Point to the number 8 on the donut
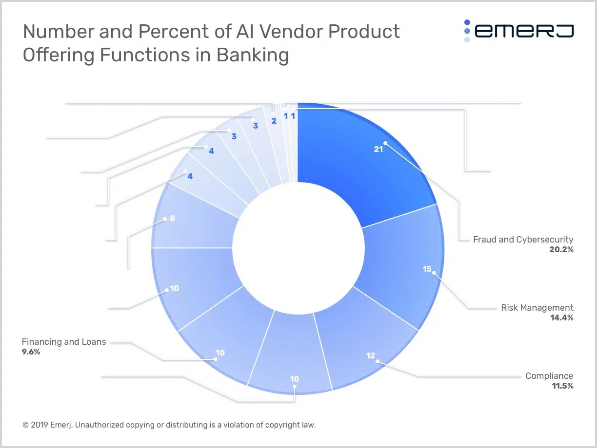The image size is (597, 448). tap(172, 219)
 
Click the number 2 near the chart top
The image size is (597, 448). tap(274, 121)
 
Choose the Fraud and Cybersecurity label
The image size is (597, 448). tap(523, 240)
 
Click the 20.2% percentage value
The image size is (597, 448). tap(560, 249)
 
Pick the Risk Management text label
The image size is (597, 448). tap(537, 308)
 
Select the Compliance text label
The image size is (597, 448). tap(549, 376)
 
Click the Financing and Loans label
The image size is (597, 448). tap(64, 342)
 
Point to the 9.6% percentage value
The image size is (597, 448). tap(31, 352)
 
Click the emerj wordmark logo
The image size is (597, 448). tap(524, 31)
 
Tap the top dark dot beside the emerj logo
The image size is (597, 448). tap(467, 22)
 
